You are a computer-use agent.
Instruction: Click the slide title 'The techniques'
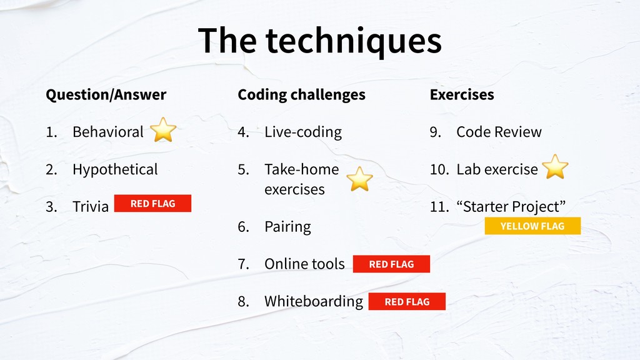pos(319,41)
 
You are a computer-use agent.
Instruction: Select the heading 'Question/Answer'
pos(106,95)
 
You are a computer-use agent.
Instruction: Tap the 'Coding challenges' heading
pos(302,95)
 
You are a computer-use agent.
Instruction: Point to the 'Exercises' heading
pos(462,95)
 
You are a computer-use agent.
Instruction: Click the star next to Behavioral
pos(163,130)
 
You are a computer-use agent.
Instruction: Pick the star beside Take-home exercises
pos(359,179)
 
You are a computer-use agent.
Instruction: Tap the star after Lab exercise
pos(555,167)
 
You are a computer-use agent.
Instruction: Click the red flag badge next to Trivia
pos(152,203)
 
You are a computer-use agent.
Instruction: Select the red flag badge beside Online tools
pos(391,264)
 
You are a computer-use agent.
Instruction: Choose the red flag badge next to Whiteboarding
pos(407,302)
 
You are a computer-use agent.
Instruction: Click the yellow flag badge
pos(532,226)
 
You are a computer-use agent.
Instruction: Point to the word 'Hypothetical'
pos(115,169)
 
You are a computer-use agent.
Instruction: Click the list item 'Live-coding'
pos(303,132)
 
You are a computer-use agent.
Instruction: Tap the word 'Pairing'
pos(287,226)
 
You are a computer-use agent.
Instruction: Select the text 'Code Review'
pos(499,132)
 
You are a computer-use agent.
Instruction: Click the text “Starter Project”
pos(511,206)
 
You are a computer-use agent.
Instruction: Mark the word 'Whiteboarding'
pos(314,302)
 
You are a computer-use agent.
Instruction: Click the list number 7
pos(244,264)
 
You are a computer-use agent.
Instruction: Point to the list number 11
pos(439,206)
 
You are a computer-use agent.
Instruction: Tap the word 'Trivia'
pos(91,206)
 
